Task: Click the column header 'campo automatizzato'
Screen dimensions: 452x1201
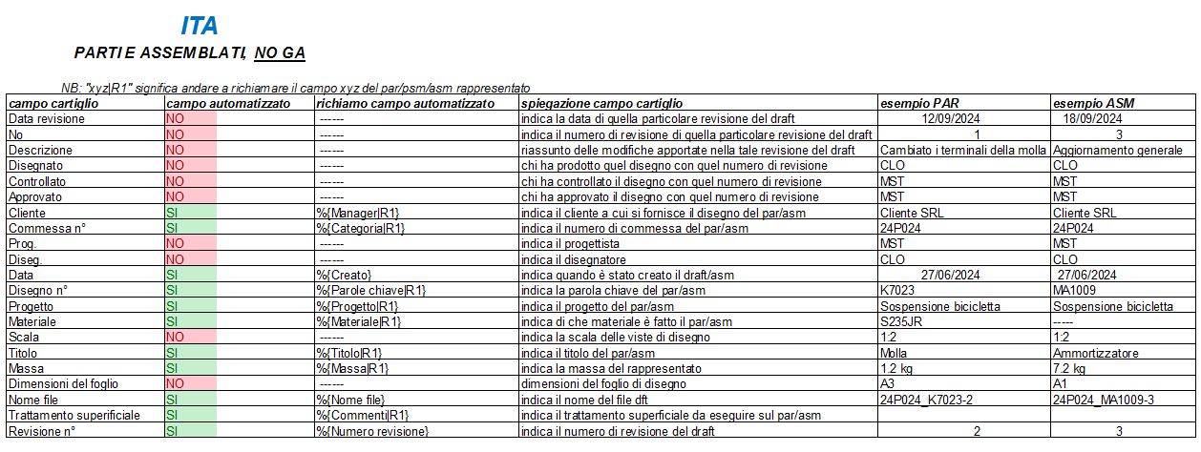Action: coord(228,103)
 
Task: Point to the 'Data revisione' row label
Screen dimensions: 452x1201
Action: coord(47,119)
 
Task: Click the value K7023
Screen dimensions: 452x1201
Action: coord(898,291)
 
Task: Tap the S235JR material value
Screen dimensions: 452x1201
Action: coord(900,322)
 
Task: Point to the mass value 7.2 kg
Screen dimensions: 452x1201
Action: coord(1070,369)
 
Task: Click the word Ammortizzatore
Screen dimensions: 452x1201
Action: coord(1095,353)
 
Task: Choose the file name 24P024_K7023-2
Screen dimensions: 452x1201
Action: coord(925,401)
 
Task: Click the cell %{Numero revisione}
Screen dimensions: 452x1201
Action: coord(372,432)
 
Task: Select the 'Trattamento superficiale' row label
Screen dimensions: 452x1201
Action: coord(74,416)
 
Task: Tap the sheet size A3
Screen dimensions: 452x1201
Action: coord(887,384)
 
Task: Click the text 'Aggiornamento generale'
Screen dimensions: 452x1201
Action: coord(1117,151)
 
